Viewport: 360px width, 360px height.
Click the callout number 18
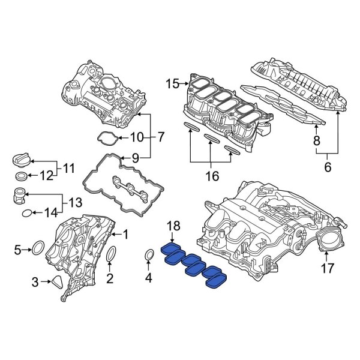tap(173, 226)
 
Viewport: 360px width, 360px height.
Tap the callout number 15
tap(172, 84)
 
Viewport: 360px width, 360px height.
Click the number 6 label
tap(328, 168)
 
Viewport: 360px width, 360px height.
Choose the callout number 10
tap(137, 137)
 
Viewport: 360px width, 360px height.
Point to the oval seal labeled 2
tap(111, 256)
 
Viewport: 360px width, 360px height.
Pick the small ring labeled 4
tap(149, 257)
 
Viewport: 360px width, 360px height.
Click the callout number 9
tap(136, 158)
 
